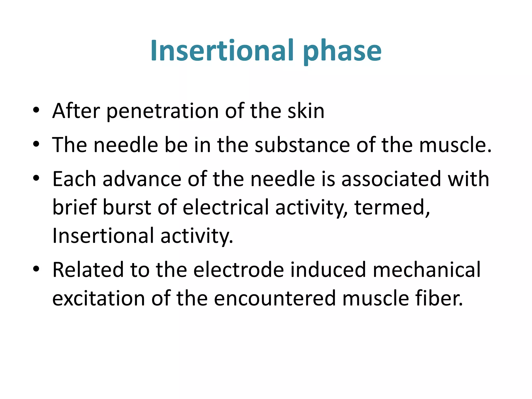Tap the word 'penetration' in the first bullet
click(x=163, y=111)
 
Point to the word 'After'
click(x=76, y=111)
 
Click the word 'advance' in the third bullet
click(x=142, y=179)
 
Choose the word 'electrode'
click(x=238, y=270)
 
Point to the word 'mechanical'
click(x=427, y=270)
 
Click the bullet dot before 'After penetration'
click(x=36, y=110)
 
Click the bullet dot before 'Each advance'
click(x=36, y=178)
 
